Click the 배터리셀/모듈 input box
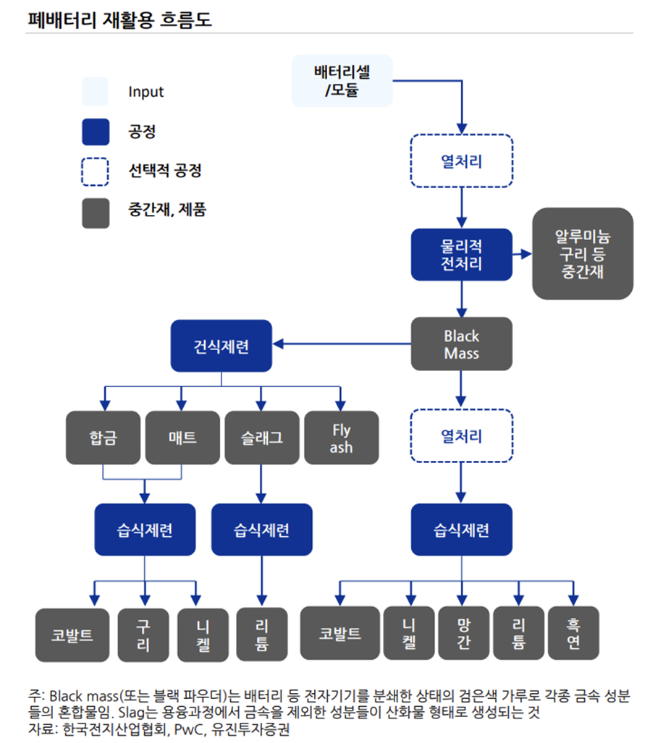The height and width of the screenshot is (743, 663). (x=342, y=81)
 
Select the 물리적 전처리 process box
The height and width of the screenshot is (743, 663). (x=461, y=255)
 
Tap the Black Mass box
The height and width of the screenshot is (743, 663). (x=461, y=344)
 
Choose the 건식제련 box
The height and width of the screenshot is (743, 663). (x=221, y=346)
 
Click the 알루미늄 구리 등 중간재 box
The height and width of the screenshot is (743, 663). (x=583, y=254)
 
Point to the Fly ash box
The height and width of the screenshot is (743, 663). (x=341, y=438)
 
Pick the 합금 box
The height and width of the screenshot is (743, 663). (x=103, y=438)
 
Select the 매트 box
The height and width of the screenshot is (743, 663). (x=182, y=438)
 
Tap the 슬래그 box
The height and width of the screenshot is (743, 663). (x=261, y=438)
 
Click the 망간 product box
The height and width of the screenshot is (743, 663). (x=463, y=633)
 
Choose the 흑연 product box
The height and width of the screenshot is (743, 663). (x=573, y=633)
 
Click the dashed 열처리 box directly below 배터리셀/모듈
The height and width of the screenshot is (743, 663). (x=461, y=162)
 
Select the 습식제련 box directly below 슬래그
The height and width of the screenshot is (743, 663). (x=261, y=530)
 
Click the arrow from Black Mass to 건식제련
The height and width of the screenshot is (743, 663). (x=340, y=344)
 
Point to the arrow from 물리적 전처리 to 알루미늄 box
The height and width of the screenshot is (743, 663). (x=522, y=255)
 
